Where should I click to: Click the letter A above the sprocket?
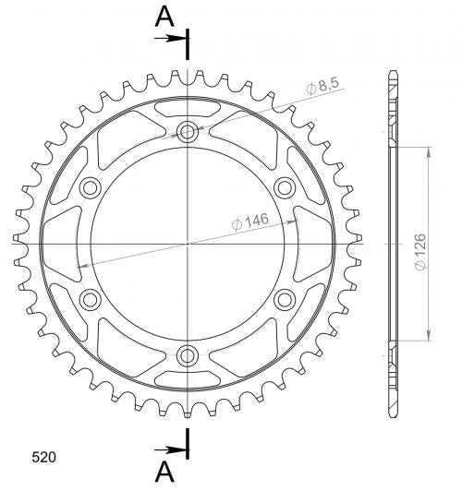[x=164, y=17]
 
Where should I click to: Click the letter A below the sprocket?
[x=164, y=473]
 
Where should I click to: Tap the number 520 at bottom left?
[x=43, y=457]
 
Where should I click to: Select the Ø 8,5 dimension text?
[x=322, y=86]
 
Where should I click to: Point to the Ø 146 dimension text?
[x=250, y=222]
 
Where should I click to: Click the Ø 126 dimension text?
[x=420, y=252]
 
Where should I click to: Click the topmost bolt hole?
[x=188, y=132]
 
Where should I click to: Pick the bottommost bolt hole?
[x=188, y=355]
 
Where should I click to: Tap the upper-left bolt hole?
[x=91, y=188]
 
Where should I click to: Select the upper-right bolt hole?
[x=285, y=188]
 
